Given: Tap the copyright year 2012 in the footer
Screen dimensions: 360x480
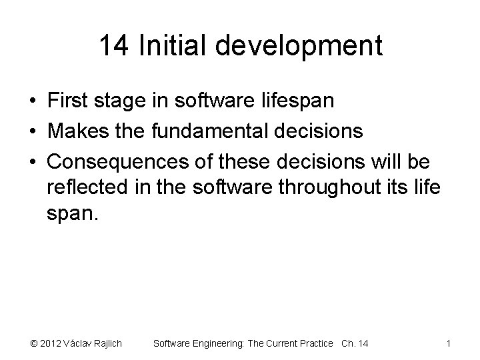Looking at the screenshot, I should [50, 343].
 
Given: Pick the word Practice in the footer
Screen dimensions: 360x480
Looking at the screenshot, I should [313, 343].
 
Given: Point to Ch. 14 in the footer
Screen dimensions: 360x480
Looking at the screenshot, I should [355, 343].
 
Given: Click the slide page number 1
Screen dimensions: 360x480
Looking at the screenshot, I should [449, 343].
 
